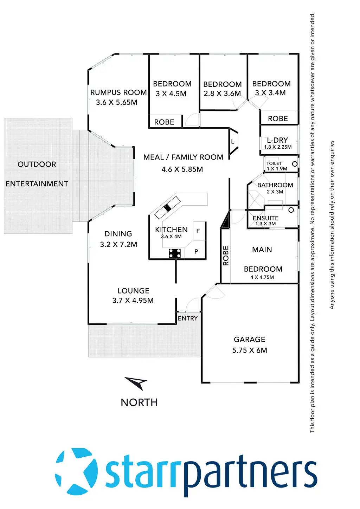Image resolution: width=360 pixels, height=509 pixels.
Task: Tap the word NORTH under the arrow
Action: coord(139,402)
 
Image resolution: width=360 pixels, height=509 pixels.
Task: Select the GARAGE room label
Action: coord(250,340)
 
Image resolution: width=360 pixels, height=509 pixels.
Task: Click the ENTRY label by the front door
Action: coord(188,318)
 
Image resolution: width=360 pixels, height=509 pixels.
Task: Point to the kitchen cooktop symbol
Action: coord(175,253)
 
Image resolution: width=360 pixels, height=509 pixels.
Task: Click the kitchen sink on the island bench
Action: coord(168,207)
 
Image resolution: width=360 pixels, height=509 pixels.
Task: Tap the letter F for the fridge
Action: coord(198,231)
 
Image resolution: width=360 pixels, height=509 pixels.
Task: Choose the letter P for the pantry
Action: coord(196,252)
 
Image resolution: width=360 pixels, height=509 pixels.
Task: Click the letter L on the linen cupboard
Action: coord(233,142)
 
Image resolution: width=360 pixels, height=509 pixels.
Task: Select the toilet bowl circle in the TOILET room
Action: coord(295,164)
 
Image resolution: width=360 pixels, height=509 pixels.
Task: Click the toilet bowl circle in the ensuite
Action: coord(291,210)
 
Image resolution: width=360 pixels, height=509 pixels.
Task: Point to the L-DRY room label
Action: coord(277,140)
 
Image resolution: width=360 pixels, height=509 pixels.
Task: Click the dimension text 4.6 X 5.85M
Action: coord(182,169)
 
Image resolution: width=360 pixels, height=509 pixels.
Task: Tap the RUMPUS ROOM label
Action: coord(118,92)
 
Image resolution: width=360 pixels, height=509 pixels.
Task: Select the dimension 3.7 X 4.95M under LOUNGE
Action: coord(133,301)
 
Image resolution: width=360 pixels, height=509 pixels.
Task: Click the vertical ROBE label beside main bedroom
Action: coord(226,256)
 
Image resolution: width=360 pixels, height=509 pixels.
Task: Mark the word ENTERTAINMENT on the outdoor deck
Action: coord(37,184)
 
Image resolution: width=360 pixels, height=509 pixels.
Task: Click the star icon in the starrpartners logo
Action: coord(76,468)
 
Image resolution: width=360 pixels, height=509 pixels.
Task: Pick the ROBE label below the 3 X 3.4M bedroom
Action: coord(278,119)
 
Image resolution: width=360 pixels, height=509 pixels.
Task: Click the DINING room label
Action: coord(118,234)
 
